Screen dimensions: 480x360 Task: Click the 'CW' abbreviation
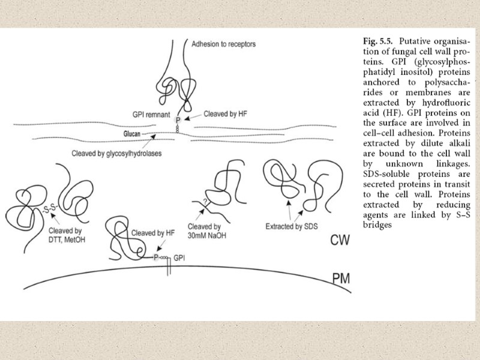[x=343, y=241]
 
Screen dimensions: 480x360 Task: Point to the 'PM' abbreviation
[x=343, y=279]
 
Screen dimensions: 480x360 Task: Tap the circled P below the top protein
[x=178, y=121]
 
